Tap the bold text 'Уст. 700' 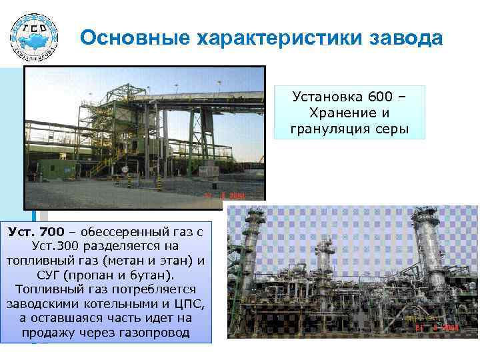(37, 231)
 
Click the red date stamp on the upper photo (225, 196)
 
